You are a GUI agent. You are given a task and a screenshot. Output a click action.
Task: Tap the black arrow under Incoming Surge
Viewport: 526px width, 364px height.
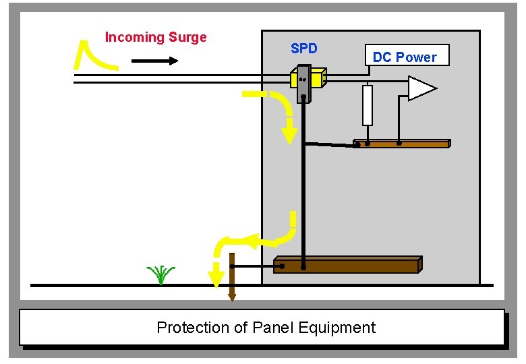154,61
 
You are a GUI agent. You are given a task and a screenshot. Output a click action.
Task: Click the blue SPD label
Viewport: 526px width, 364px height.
303,49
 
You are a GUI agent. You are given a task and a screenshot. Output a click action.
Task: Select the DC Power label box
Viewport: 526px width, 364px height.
405,57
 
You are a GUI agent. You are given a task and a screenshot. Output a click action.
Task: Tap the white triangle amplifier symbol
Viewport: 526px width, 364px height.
421,88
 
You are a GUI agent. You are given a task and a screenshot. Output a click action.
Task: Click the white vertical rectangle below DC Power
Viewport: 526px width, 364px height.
368,105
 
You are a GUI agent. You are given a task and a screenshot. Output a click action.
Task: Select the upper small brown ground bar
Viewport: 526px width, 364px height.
401,144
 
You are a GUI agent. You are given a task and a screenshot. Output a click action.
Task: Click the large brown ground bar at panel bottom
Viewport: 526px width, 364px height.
347,265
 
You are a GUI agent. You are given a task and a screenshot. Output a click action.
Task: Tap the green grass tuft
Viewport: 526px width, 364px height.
160,274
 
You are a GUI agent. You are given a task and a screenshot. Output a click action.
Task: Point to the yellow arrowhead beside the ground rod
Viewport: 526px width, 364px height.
216,276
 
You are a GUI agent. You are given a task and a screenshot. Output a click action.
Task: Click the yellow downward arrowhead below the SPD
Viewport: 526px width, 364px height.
289,133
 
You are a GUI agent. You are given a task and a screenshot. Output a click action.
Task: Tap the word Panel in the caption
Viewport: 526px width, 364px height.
274,328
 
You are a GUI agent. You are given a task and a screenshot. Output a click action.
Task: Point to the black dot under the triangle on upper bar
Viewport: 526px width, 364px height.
399,144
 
